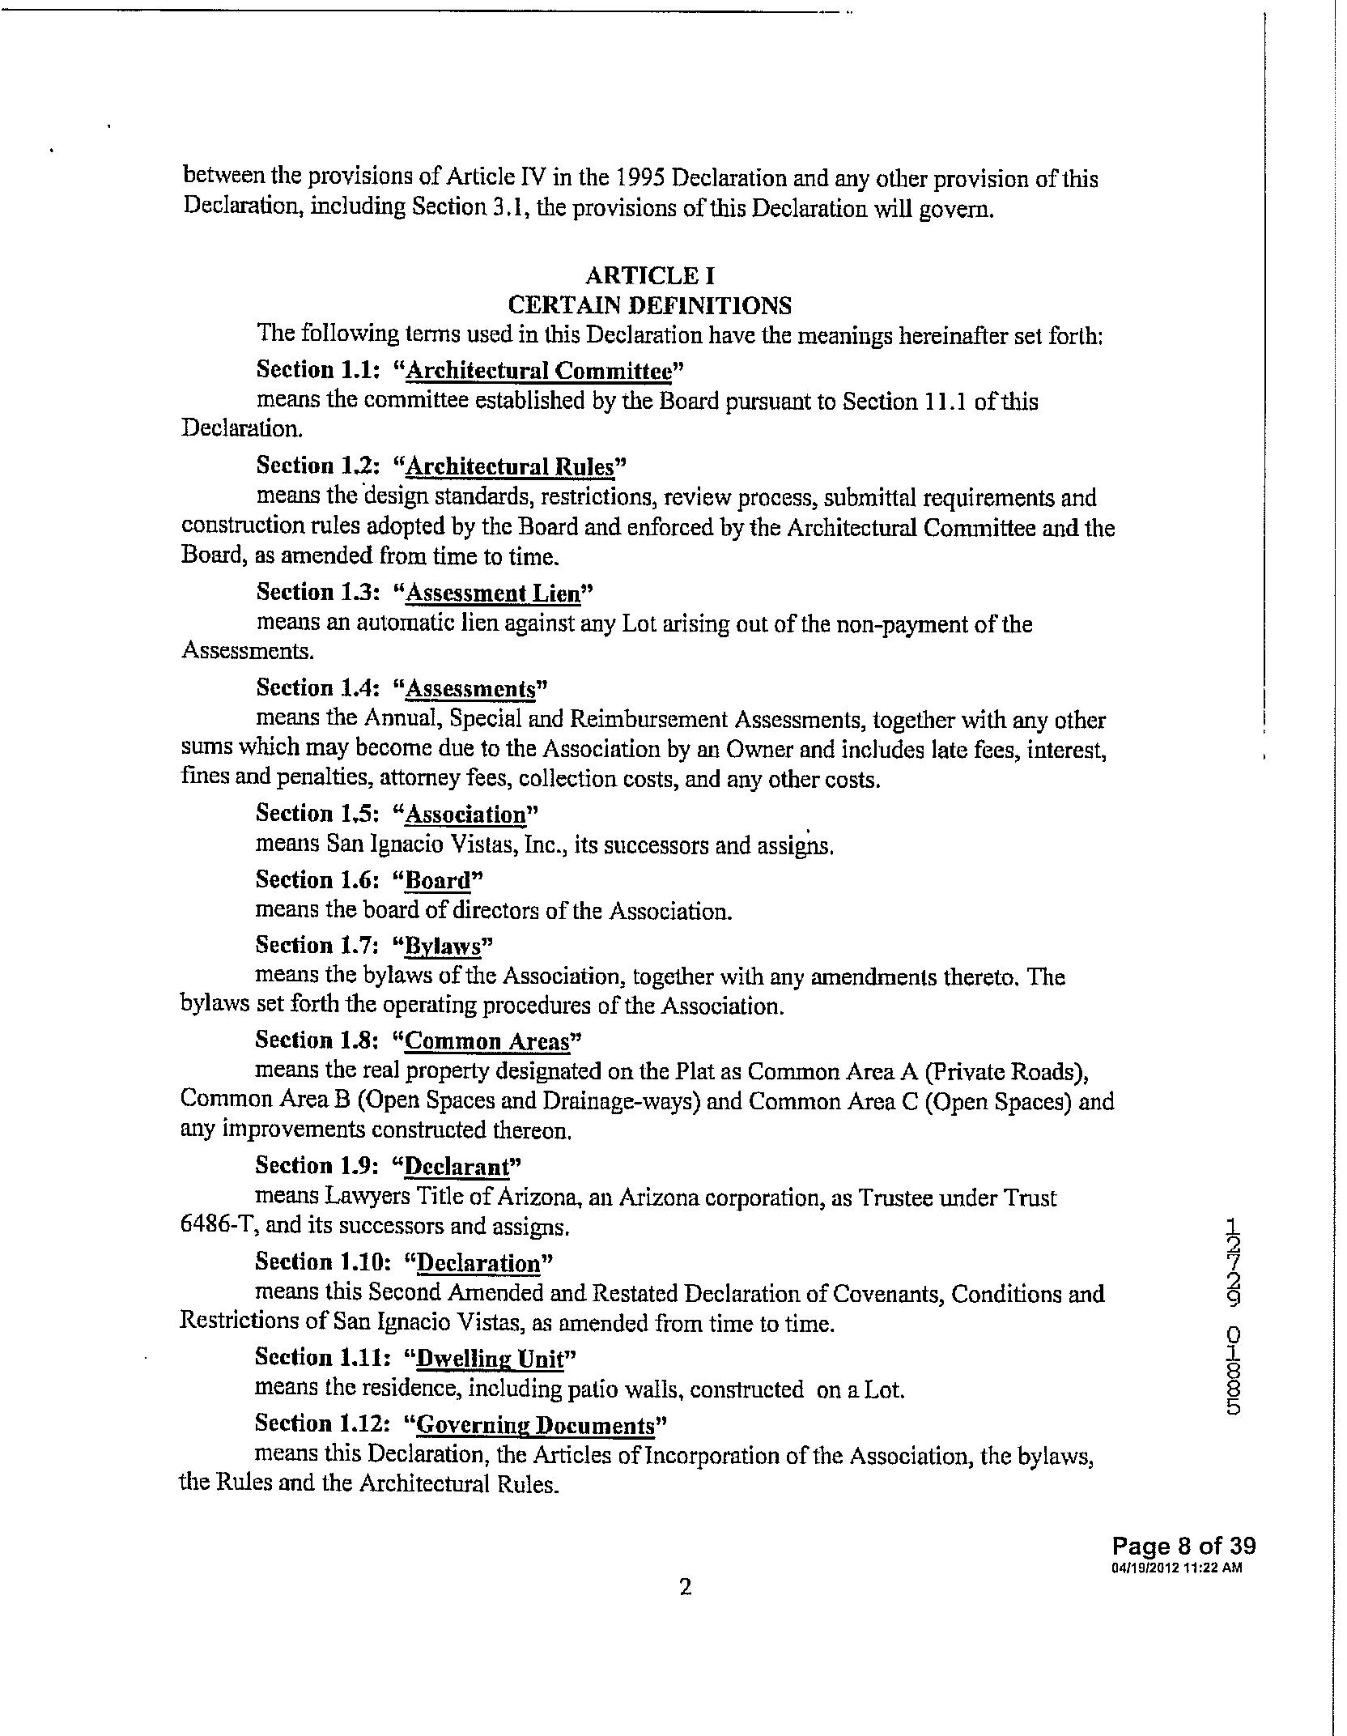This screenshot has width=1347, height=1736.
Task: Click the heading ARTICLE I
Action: coord(650,276)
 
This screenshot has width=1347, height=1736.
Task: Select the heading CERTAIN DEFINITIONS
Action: coord(649,305)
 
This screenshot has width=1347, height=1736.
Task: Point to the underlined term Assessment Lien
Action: coord(493,594)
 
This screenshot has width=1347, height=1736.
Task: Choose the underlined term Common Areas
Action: coord(487,1041)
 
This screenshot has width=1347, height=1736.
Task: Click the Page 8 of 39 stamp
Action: coord(1183,1546)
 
